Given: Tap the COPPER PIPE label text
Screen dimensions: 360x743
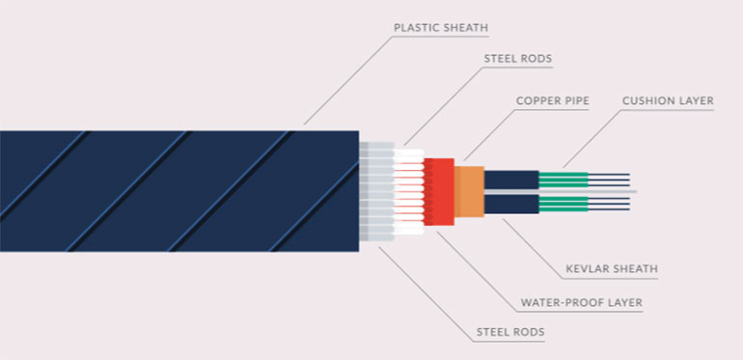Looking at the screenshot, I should [x=552, y=99].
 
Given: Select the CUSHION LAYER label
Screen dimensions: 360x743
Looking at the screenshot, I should [x=668, y=99].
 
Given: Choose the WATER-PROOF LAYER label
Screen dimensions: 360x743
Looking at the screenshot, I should [x=581, y=302].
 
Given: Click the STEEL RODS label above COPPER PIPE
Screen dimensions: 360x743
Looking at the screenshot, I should [x=516, y=58].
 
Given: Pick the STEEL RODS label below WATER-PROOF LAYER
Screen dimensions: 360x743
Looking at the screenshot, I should [x=510, y=333].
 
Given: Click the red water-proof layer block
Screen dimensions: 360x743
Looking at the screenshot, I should [x=439, y=191].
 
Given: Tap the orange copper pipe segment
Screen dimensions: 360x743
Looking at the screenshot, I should [x=469, y=191].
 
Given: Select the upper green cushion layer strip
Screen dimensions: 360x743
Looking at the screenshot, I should [x=563, y=179].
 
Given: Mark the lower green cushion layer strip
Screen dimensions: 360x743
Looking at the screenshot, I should [x=563, y=203].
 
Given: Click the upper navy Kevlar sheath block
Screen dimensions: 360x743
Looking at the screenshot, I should [x=510, y=179].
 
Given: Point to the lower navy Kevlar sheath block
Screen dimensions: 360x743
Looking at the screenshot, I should [x=510, y=204].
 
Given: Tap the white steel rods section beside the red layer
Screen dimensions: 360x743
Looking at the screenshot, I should [x=409, y=191].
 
